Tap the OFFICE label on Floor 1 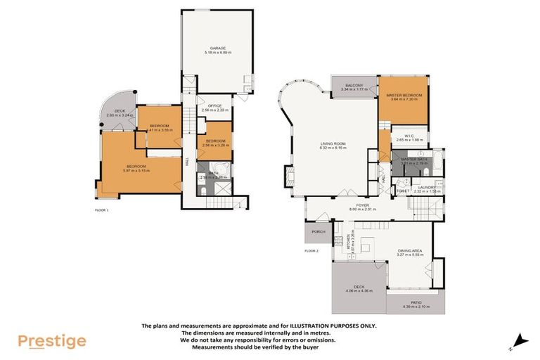pyautogui.click(x=214, y=106)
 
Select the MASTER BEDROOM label pyautogui.click(x=403, y=95)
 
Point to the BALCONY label pyautogui.click(x=350, y=84)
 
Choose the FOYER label pyautogui.click(x=363, y=205)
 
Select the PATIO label pyautogui.click(x=415, y=300)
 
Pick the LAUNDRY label pyautogui.click(x=426, y=187)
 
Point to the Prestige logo pyautogui.click(x=52, y=341)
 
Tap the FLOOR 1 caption pyautogui.click(x=103, y=210)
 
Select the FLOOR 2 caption pyautogui.click(x=311, y=250)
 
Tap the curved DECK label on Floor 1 pyautogui.click(x=120, y=110)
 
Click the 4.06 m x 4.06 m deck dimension pyautogui.click(x=359, y=290)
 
